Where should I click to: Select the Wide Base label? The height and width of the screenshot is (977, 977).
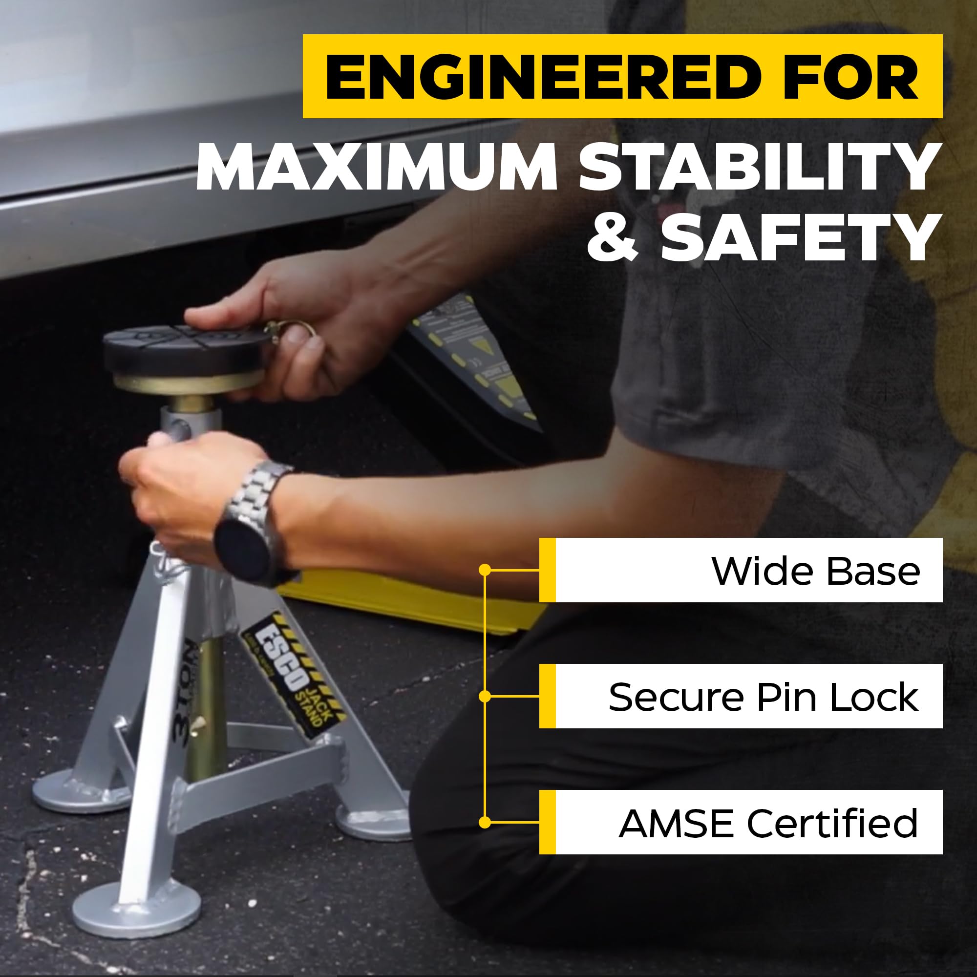pos(815,572)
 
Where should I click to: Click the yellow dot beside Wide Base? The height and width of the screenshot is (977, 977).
pos(485,570)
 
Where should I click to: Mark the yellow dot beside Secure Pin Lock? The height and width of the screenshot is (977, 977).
pos(485,696)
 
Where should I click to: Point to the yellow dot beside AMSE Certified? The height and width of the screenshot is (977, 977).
pos(485,823)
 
